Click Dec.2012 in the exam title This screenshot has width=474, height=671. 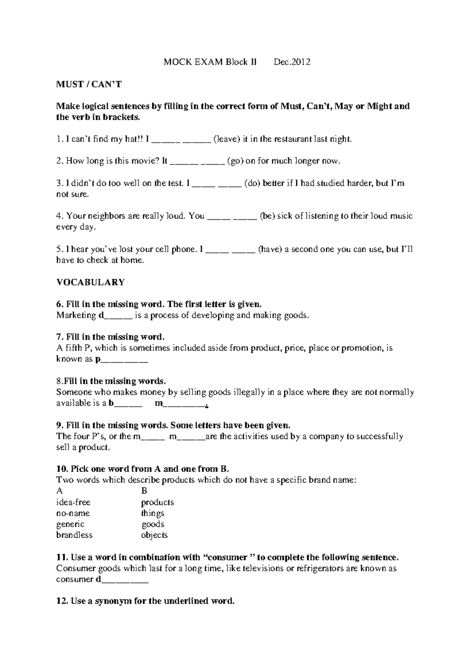click(x=292, y=62)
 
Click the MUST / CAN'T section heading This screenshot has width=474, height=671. click(x=89, y=84)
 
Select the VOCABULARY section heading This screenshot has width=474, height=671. click(x=90, y=282)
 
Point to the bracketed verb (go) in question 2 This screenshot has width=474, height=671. click(x=235, y=161)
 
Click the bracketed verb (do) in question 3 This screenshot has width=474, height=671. click(x=252, y=183)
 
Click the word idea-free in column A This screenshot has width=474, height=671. click(x=73, y=502)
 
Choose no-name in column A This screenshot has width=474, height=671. click(x=73, y=513)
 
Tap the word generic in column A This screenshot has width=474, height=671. click(x=70, y=524)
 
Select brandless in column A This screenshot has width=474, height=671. click(x=75, y=535)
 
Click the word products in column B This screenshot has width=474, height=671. click(x=158, y=502)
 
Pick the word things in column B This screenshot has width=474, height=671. click(x=153, y=513)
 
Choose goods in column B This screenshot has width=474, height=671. click(x=153, y=524)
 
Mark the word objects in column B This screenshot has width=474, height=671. click(x=154, y=535)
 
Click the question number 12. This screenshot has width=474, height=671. click(x=62, y=601)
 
